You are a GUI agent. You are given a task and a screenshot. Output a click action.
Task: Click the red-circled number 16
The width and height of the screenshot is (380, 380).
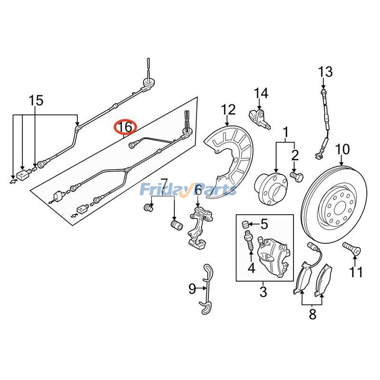[125, 127]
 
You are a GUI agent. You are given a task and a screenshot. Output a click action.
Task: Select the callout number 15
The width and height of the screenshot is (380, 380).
[36, 101]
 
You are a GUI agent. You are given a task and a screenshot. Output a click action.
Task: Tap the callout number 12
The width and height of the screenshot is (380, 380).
[228, 110]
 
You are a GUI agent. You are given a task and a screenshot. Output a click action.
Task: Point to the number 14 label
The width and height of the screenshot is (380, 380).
[260, 93]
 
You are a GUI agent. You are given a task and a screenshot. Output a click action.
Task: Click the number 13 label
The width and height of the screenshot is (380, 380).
[325, 72]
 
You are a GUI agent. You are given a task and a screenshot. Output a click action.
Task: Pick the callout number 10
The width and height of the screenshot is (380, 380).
[342, 150]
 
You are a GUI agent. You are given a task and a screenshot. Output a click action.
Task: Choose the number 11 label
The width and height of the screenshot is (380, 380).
[356, 272]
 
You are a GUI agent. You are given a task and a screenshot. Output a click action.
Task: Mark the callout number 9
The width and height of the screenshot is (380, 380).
[192, 288]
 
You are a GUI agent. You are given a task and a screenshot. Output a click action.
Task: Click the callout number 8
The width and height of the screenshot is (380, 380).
[312, 313]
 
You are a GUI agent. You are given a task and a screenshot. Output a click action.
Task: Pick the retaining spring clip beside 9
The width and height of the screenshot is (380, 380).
[206, 290]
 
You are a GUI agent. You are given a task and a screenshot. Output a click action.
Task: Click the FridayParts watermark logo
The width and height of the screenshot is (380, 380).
[188, 190]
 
